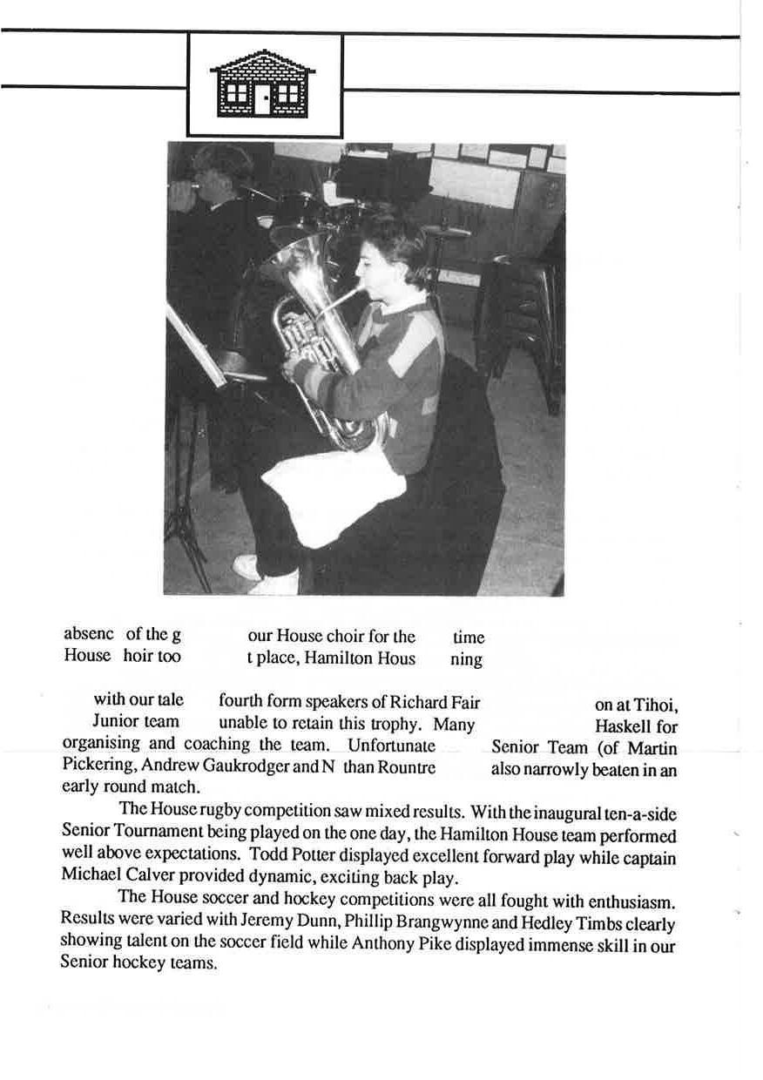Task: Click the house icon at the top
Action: coord(262,84)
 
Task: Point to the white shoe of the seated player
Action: coord(247,566)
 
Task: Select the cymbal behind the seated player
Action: coord(446,231)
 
